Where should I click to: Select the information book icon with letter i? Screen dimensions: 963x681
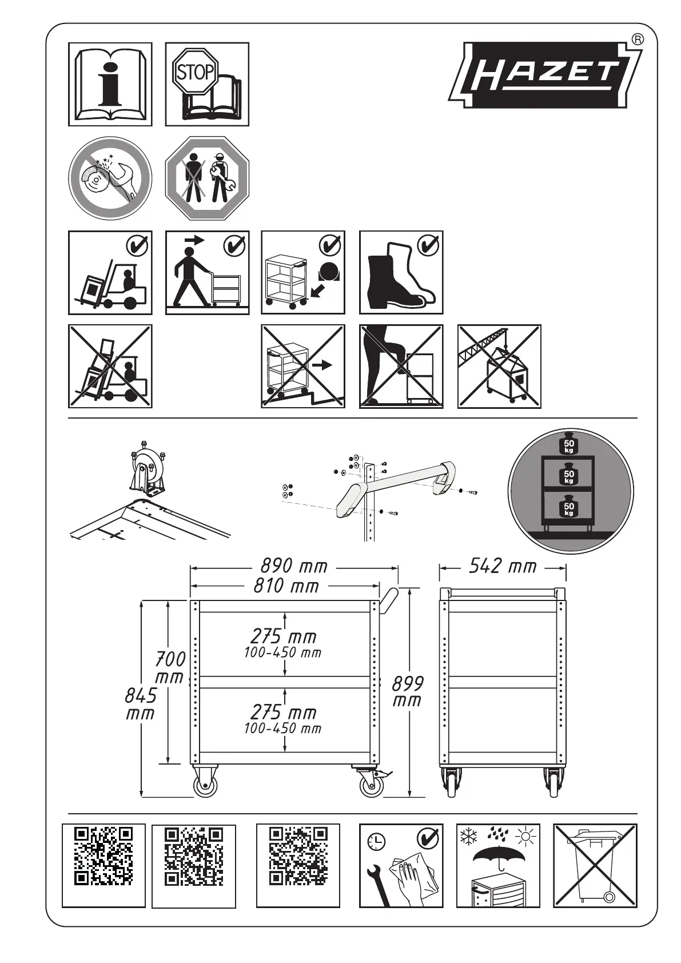[x=110, y=84]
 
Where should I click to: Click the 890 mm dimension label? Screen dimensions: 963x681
[x=294, y=567]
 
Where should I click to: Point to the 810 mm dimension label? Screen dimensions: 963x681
[x=286, y=586]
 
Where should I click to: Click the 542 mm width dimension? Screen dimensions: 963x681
[x=503, y=567]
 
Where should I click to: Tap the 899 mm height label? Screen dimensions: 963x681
[x=407, y=691]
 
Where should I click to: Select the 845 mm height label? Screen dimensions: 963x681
[x=141, y=705]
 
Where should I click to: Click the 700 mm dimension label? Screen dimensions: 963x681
[x=170, y=668]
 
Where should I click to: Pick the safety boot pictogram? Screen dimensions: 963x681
[x=401, y=272]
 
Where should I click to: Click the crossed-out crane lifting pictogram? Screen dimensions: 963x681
[x=499, y=367]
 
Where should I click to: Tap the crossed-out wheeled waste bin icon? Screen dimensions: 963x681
[x=595, y=865]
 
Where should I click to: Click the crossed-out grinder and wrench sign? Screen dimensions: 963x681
[x=110, y=178]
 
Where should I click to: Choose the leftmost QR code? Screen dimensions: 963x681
[x=103, y=856]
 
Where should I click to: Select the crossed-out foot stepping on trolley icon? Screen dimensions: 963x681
[x=401, y=367]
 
